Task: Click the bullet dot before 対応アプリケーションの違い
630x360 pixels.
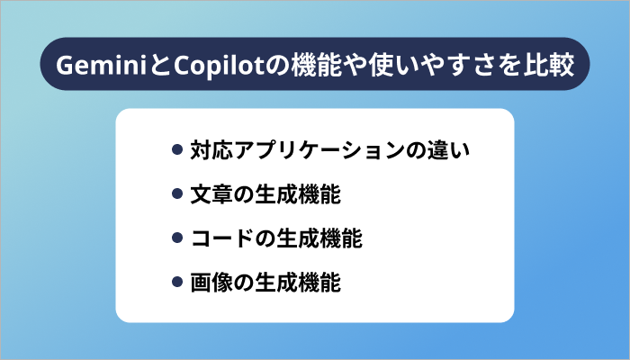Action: pyautogui.click(x=177, y=148)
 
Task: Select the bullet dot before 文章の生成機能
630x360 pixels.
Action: pyautogui.click(x=177, y=193)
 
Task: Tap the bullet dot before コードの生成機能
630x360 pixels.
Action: pyautogui.click(x=177, y=238)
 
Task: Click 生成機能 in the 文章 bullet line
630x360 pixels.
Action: pyautogui.click(x=298, y=193)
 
